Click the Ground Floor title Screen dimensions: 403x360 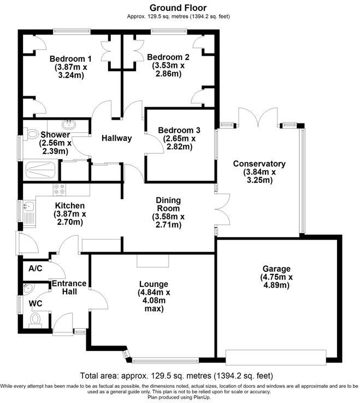(x=178, y=8)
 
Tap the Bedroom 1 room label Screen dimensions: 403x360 (x=70, y=59)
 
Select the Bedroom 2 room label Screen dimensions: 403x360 (x=168, y=57)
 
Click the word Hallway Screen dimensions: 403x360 (x=117, y=138)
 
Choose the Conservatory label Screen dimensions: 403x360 (x=259, y=163)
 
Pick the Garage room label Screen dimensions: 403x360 (x=276, y=268)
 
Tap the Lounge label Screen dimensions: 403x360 (x=154, y=284)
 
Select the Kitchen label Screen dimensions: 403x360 (x=69, y=206)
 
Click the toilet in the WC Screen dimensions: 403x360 (x=37, y=318)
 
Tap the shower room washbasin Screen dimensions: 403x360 (x=69, y=124)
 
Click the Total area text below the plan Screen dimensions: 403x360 (x=178, y=376)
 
